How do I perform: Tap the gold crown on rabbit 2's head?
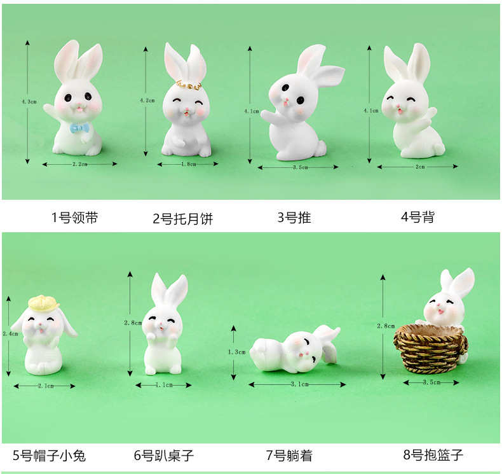[x=189, y=85]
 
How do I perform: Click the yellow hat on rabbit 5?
[x=44, y=303]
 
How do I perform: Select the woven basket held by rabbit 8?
[x=430, y=349]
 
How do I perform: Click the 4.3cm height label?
[x=29, y=102]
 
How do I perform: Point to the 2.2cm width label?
[x=79, y=164]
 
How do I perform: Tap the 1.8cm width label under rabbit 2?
[x=189, y=164]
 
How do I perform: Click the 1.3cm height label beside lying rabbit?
[x=236, y=352]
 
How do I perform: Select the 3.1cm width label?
[x=300, y=384]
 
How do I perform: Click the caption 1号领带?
[x=75, y=218]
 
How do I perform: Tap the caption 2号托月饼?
[x=183, y=219]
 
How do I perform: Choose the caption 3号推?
[x=294, y=218]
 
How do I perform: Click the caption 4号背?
[x=417, y=217]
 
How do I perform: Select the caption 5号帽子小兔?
[x=50, y=456]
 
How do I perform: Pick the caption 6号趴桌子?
[x=164, y=456]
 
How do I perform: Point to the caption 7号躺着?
[x=289, y=456]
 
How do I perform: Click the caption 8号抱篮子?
[x=433, y=454]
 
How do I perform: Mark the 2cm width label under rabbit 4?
[x=420, y=167]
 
